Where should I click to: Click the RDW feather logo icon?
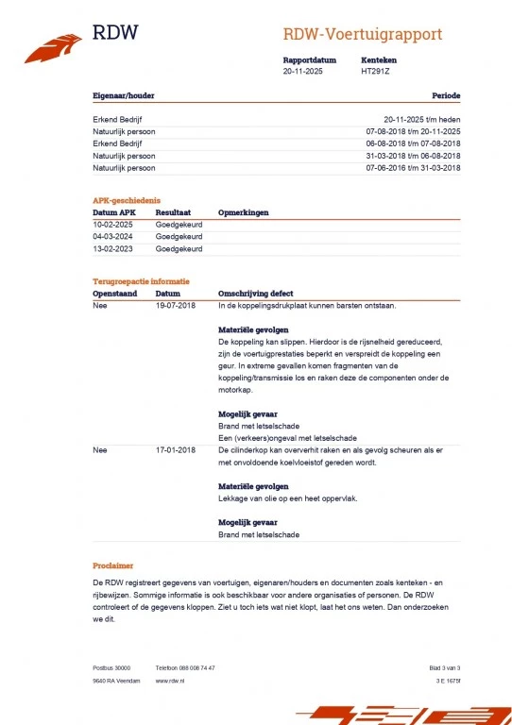pos(53,43)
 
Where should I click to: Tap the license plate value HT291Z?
pos(375,71)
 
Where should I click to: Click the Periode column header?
pos(446,96)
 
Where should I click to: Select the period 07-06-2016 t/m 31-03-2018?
pos(413,167)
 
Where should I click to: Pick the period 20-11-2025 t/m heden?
pos(422,119)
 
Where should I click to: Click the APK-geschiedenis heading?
pos(127,200)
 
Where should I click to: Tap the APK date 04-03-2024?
pos(114,237)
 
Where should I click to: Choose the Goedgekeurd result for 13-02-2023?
pos(179,249)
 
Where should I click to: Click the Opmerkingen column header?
pos(243,213)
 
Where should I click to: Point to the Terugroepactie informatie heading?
pos(141,281)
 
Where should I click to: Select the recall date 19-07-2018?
pos(176,306)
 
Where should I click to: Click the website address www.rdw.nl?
pos(169,680)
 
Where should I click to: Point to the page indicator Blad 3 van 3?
pos(444,667)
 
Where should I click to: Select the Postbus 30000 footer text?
pos(111,667)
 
